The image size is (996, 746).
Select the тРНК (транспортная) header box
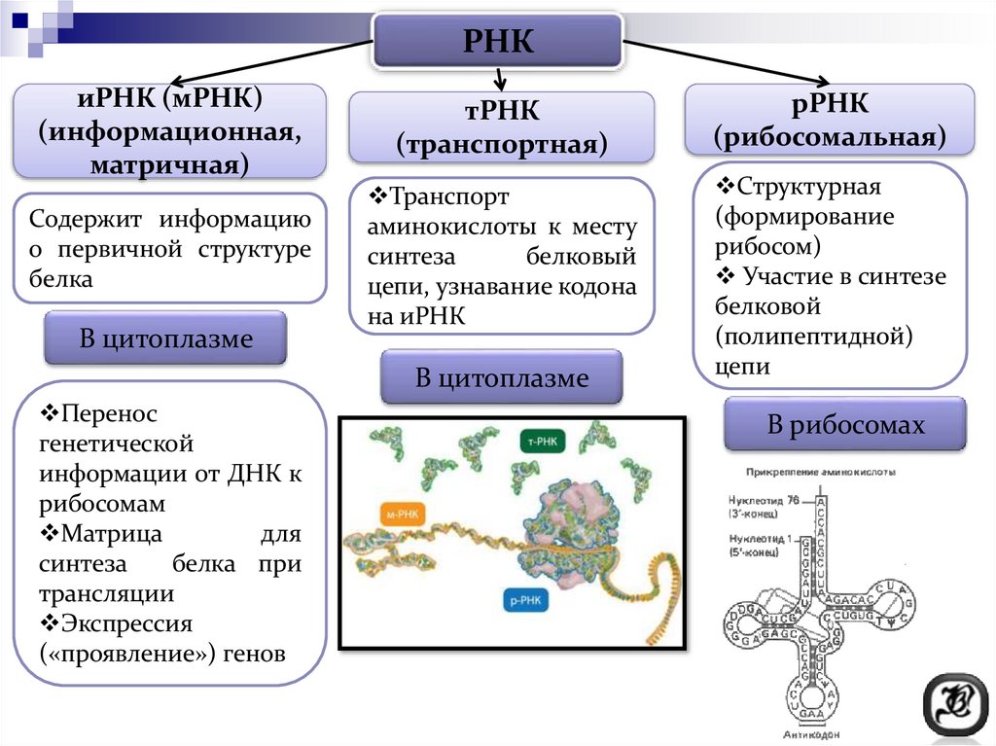pyautogui.click(x=501, y=127)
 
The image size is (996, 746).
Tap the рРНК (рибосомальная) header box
pyautogui.click(x=830, y=120)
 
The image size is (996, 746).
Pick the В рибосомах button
pyautogui.click(x=845, y=425)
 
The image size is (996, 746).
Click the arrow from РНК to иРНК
pyautogui.click(x=272, y=63)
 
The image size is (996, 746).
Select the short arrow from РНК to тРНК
pyautogui.click(x=500, y=80)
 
